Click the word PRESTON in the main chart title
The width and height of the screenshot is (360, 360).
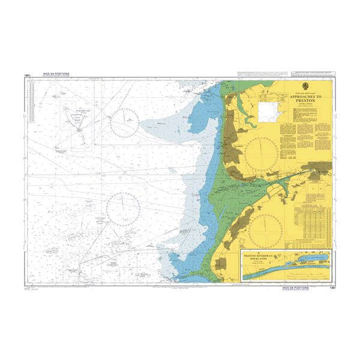coord(305,100)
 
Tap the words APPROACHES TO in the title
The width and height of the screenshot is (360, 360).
coord(305,96)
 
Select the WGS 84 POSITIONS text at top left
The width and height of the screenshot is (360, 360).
coord(56,74)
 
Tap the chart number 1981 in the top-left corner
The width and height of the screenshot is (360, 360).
coord(28,75)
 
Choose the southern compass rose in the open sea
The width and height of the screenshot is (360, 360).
coord(123,206)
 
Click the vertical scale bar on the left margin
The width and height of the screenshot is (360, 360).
coord(28,180)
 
